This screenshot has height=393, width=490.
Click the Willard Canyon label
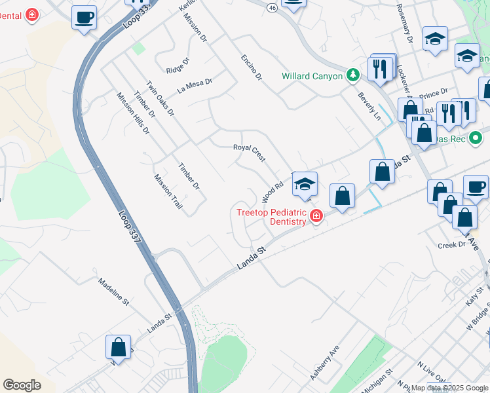[312, 76]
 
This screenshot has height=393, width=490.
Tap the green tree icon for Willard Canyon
[352, 75]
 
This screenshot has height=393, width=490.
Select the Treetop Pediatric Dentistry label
[271, 216]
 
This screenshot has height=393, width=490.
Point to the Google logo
[22, 385]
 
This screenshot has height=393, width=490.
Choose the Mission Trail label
[168, 191]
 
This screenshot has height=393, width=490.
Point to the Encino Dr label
[251, 67]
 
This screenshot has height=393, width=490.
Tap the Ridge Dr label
[178, 65]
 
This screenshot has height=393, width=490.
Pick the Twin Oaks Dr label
[160, 99]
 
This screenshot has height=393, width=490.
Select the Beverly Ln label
[369, 105]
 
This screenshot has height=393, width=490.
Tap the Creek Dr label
[451, 244]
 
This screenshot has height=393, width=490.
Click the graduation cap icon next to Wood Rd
[305, 185]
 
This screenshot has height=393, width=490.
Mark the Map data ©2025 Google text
[449, 388]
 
